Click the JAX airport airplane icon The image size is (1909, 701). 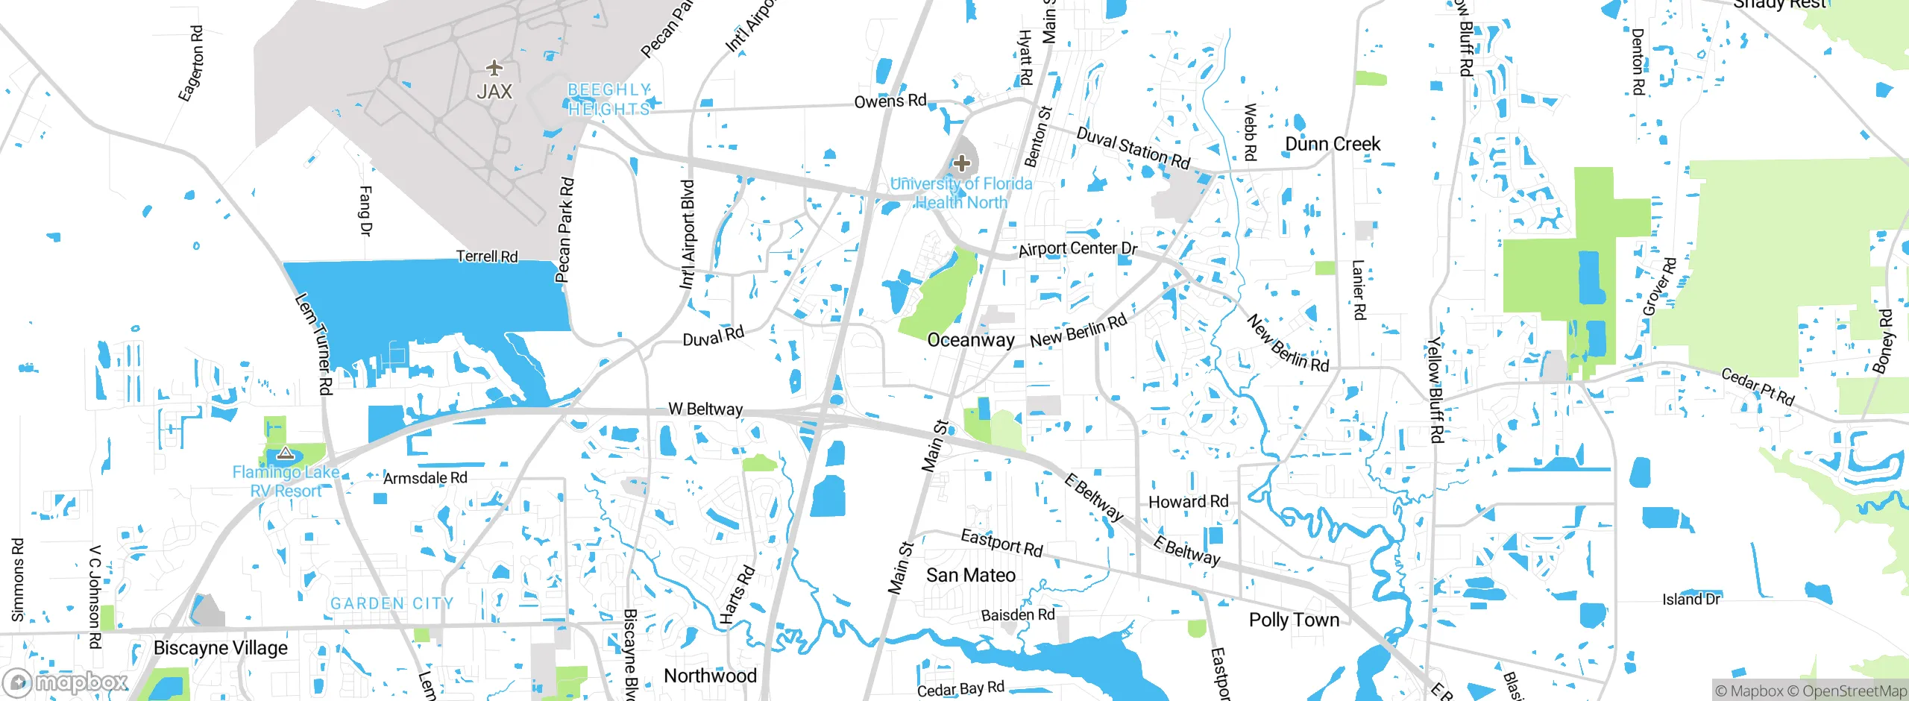(494, 69)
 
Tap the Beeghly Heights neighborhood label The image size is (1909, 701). (608, 99)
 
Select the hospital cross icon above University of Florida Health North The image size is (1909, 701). (962, 163)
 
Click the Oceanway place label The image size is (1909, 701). (970, 340)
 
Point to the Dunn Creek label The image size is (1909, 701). (1332, 144)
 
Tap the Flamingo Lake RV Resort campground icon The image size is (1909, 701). (285, 453)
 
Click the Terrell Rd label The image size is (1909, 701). (487, 257)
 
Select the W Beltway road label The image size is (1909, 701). (705, 409)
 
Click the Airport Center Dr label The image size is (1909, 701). (1078, 248)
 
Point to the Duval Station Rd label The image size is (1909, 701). (1133, 148)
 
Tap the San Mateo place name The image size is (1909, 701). (970, 575)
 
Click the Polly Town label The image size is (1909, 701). (1294, 620)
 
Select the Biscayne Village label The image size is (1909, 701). (220, 647)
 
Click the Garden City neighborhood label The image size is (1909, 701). (391, 603)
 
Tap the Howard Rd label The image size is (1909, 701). (1188, 502)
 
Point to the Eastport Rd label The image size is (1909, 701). (1001, 543)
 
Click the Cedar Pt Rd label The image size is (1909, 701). (1757, 386)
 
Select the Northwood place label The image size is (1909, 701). (710, 676)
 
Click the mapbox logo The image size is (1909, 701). (66, 682)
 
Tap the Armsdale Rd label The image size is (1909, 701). (425, 477)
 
